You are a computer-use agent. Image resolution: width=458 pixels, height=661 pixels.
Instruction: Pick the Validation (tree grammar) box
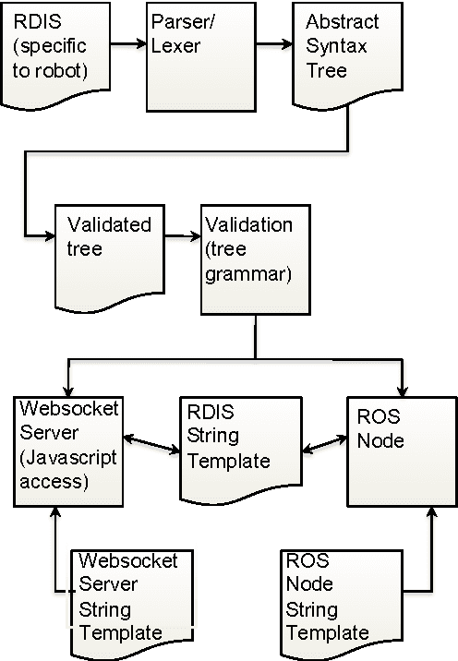tap(251, 258)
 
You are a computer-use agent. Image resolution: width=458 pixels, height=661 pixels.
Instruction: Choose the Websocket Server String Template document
tap(128, 600)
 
